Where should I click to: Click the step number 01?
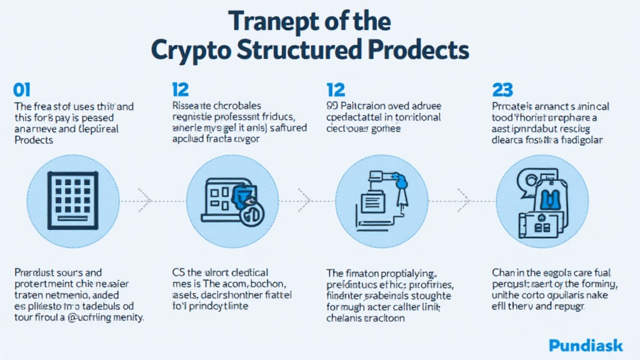(22, 89)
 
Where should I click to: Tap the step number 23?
(502, 89)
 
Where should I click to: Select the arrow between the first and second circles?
(145, 201)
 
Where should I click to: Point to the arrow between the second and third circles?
(304, 201)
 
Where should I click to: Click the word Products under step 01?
(34, 140)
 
